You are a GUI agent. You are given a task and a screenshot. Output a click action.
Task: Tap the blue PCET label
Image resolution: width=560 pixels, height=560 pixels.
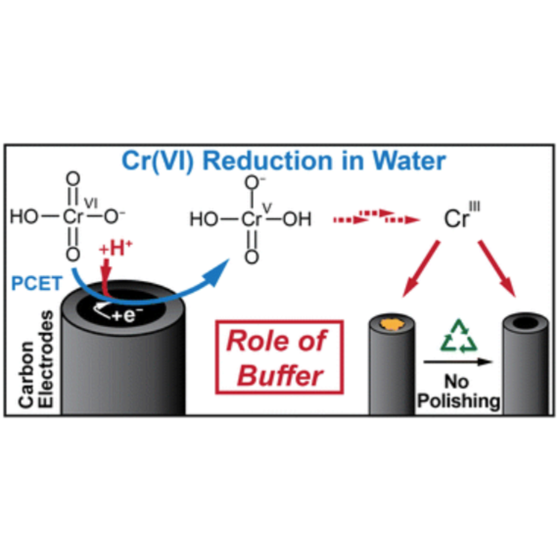tap(37, 283)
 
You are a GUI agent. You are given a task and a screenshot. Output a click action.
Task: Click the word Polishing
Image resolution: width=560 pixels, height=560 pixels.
tap(458, 401)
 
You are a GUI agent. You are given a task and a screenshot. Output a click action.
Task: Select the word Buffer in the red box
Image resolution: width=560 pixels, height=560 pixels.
tap(280, 376)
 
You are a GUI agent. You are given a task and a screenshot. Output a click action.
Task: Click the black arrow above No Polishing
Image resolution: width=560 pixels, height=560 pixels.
tap(458, 362)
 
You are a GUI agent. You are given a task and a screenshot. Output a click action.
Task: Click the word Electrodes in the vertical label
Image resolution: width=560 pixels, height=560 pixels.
tap(46, 359)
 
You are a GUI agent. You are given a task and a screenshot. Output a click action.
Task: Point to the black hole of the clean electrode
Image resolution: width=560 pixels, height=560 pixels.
tap(526, 322)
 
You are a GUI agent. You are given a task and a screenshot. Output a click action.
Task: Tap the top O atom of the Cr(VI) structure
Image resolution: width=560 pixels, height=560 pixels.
tap(73, 179)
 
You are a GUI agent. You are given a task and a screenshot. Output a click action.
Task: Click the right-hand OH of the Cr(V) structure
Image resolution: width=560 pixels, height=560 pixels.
tap(297, 219)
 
